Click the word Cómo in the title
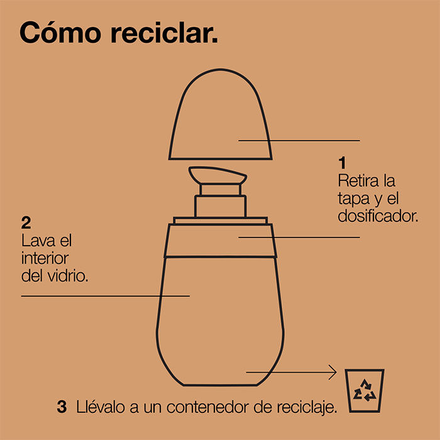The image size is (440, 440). [60, 32]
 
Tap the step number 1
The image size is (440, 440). [342, 163]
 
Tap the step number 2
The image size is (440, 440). [26, 223]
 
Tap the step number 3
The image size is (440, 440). [62, 407]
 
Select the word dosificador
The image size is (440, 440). [378, 216]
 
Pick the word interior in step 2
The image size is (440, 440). [45, 258]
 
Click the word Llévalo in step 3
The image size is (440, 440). [100, 407]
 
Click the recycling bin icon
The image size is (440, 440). [364, 390]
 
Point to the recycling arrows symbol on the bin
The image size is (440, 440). [365, 390]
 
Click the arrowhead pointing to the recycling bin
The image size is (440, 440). [333, 372]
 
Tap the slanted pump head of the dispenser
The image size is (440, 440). [217, 175]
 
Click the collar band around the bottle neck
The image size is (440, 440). [220, 241]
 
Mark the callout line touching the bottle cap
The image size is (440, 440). [299, 141]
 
